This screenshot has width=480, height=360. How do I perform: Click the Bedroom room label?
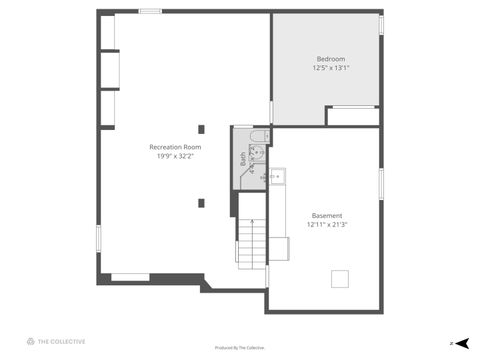click(331, 59)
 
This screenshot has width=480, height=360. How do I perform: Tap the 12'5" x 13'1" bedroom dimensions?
click(331, 68)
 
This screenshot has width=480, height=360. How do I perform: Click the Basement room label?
click(327, 216)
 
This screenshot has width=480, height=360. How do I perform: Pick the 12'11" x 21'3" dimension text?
click(327, 225)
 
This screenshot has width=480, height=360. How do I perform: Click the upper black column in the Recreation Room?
click(201, 129)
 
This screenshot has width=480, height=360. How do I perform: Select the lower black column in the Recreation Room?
click(201, 203)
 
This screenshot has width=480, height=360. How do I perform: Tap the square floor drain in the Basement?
click(340, 279)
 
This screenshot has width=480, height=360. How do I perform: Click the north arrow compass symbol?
click(462, 342)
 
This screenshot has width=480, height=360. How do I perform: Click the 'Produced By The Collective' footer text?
click(240, 348)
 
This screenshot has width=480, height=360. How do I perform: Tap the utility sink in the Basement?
click(277, 178)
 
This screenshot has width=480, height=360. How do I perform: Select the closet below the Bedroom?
click(353, 116)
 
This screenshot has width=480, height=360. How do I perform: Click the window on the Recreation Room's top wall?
click(150, 11)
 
